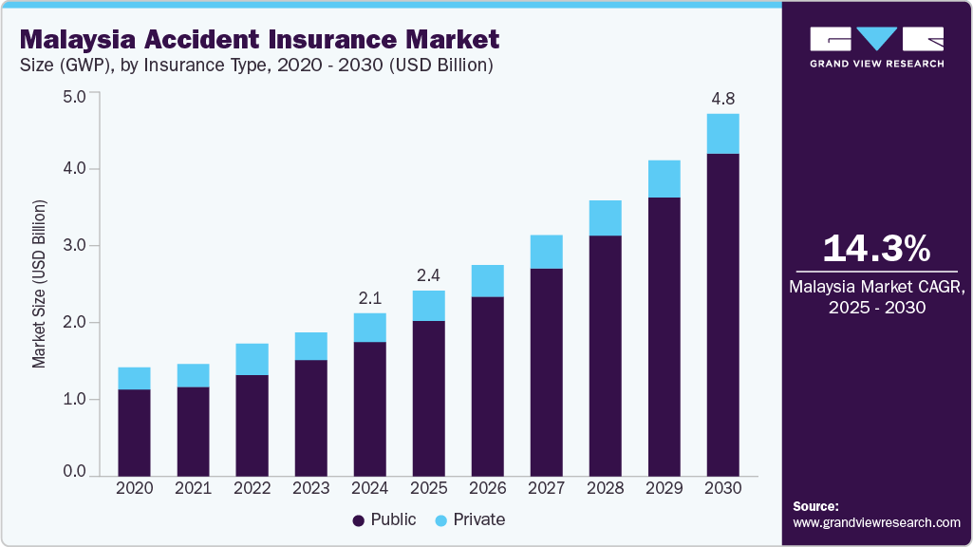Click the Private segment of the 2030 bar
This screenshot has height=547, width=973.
pyautogui.click(x=723, y=134)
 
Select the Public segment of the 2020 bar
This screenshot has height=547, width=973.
pyautogui.click(x=134, y=432)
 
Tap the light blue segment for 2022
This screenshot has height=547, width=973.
pyautogui.click(x=252, y=359)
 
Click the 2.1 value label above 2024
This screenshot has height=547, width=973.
pyautogui.click(x=369, y=298)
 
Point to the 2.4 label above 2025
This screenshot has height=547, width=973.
pyautogui.click(x=428, y=276)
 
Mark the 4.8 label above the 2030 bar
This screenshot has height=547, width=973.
pyautogui.click(x=723, y=99)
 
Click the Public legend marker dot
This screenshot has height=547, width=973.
pyautogui.click(x=359, y=520)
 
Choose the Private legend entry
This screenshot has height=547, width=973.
pyautogui.click(x=470, y=520)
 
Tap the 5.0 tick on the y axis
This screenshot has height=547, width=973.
pyautogui.click(x=74, y=96)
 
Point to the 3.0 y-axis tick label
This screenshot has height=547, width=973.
pyautogui.click(x=74, y=246)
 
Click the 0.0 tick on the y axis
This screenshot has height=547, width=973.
pyautogui.click(x=74, y=472)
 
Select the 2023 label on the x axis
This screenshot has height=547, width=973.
pyautogui.click(x=310, y=488)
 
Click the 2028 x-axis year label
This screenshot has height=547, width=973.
pyautogui.click(x=605, y=488)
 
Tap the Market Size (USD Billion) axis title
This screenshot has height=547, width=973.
pyautogui.click(x=39, y=285)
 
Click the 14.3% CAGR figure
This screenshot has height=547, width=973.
pyautogui.click(x=876, y=248)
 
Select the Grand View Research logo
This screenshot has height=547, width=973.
pyautogui.click(x=876, y=47)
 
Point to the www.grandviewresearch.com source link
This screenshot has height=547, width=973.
pyautogui.click(x=876, y=522)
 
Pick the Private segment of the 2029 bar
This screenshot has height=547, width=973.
pyautogui.click(x=664, y=179)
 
